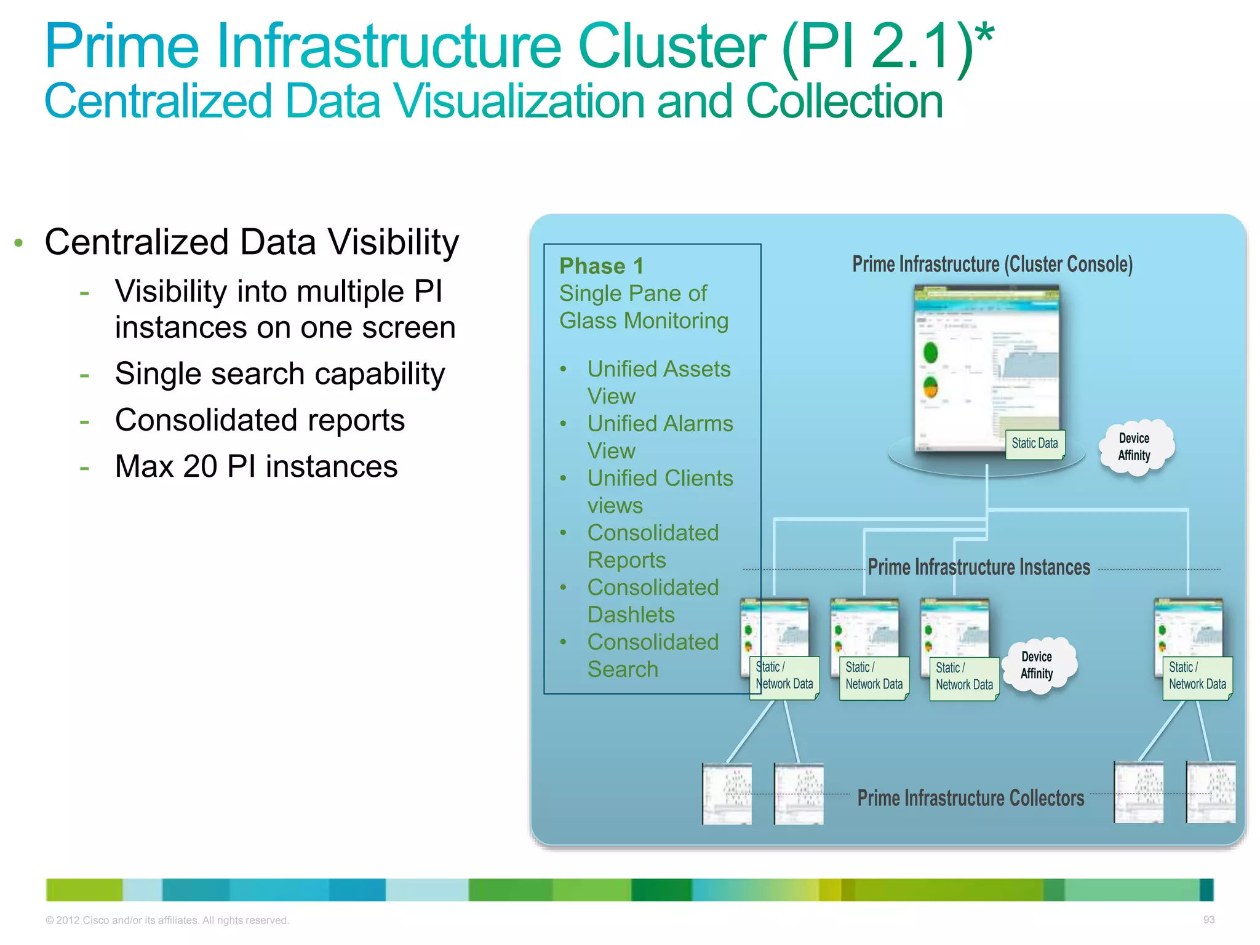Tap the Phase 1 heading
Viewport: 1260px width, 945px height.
click(601, 266)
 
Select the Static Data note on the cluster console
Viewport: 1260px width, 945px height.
click(1035, 444)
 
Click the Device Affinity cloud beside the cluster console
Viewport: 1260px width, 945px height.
click(1134, 447)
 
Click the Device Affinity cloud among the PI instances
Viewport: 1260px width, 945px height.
click(1037, 666)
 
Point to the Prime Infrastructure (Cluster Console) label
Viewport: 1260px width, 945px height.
click(992, 265)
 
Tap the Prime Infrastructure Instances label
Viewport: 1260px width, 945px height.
click(979, 567)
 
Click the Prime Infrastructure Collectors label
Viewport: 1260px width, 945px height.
click(970, 798)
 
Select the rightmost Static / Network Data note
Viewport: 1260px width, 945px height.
click(1197, 677)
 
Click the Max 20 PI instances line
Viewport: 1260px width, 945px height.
click(256, 466)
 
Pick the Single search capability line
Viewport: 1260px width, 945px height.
click(280, 374)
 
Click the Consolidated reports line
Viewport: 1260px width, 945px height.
click(260, 420)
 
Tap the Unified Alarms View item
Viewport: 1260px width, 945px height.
click(659, 437)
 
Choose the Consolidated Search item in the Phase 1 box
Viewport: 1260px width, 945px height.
click(652, 655)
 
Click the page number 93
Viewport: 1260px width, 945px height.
click(1208, 919)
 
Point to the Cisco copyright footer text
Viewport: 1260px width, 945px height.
click(167, 920)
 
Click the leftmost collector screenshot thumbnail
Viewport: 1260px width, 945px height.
click(727, 794)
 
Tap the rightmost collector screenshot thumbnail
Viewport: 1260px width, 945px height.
click(1210, 792)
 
